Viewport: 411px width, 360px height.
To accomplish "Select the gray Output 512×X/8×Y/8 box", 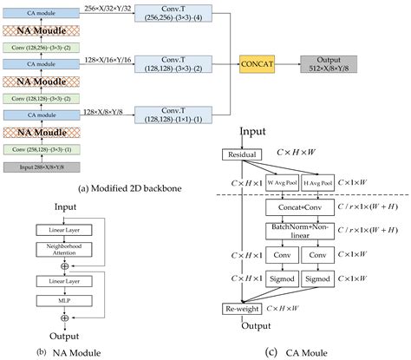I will pos(327,62).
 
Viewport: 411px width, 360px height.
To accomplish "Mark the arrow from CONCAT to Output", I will pos(288,62).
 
